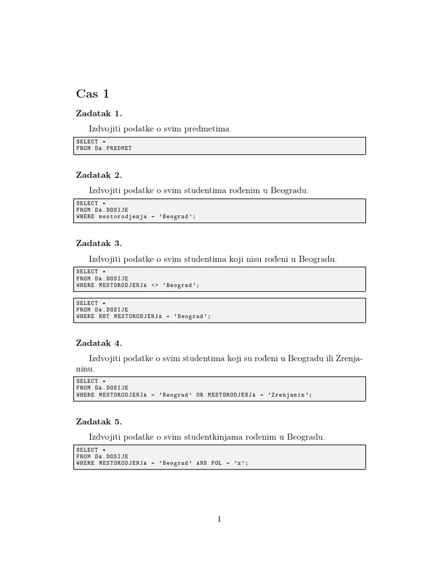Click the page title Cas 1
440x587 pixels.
click(x=92, y=94)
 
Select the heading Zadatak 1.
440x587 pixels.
click(x=99, y=113)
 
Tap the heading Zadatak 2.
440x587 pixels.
click(x=99, y=175)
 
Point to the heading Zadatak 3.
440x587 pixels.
click(x=99, y=244)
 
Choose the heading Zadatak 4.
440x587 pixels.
click(x=99, y=343)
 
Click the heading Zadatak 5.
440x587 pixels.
click(x=99, y=421)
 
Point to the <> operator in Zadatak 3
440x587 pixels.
click(x=154, y=285)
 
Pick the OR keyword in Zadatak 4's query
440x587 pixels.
click(x=200, y=394)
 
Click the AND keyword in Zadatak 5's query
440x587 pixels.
click(x=202, y=463)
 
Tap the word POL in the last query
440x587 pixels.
click(x=217, y=463)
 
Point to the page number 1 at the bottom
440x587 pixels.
click(x=219, y=519)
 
